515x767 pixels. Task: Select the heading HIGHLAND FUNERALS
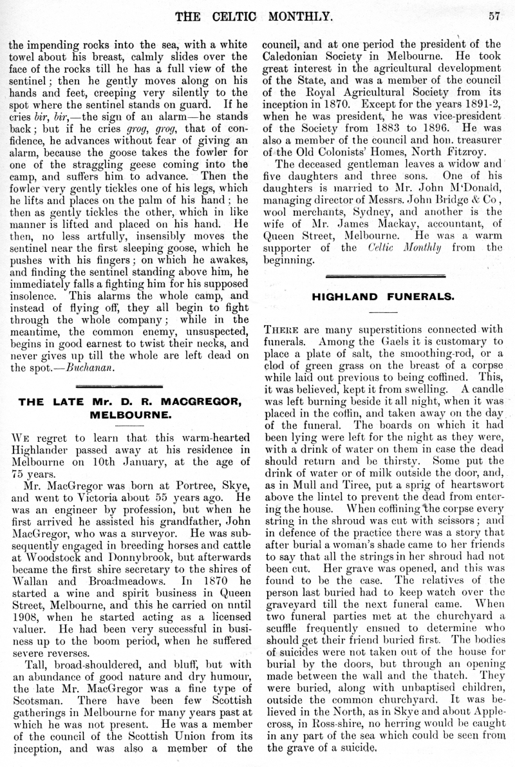[x=384, y=297]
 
